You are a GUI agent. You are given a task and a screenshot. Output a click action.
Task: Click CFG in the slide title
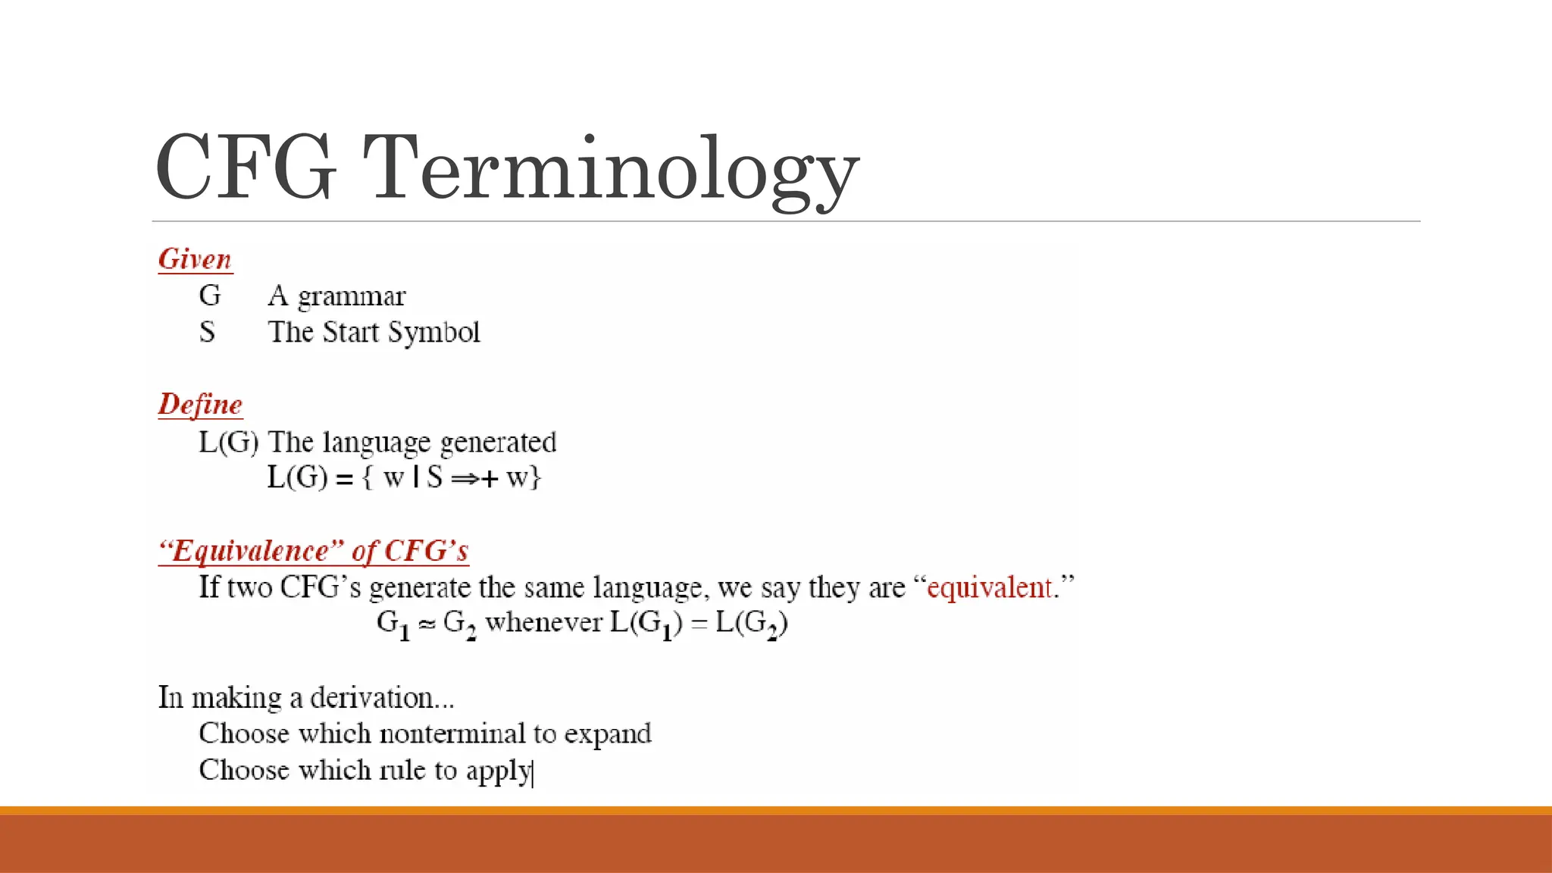click(246, 168)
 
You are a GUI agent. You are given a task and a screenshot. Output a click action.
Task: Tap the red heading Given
click(195, 259)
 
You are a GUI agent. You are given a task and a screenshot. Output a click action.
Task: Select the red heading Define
click(200, 405)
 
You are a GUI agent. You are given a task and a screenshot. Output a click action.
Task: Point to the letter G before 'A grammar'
click(210, 296)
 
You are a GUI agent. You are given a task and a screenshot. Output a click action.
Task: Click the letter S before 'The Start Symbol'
click(207, 332)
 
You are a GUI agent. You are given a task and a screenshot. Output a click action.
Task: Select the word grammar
click(352, 296)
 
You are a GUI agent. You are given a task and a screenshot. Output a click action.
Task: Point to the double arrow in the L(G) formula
click(464, 479)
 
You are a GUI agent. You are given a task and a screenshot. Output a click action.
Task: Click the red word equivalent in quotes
click(990, 587)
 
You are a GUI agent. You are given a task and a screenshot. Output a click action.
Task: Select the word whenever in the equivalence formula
click(543, 623)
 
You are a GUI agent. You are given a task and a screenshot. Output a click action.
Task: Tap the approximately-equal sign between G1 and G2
click(427, 624)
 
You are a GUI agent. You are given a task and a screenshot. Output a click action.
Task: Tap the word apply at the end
click(499, 771)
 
